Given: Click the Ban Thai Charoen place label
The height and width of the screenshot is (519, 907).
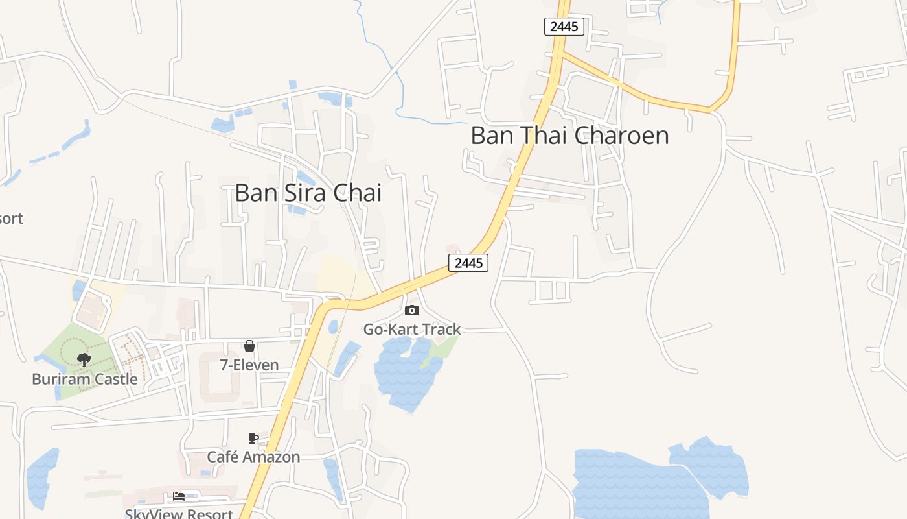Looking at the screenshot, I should (x=569, y=136).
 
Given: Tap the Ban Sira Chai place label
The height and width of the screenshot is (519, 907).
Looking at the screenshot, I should (x=308, y=193).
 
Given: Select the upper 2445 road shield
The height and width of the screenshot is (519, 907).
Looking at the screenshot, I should (x=564, y=27).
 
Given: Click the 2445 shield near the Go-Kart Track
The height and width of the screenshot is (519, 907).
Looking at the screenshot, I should (x=468, y=263).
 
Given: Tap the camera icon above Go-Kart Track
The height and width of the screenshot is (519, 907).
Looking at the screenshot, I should (x=411, y=311).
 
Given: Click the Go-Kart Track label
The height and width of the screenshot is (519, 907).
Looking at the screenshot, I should (x=411, y=329).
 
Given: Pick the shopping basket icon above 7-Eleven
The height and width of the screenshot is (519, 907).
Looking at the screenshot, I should (x=249, y=346).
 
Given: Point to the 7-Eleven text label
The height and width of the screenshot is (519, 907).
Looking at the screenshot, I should (x=249, y=365).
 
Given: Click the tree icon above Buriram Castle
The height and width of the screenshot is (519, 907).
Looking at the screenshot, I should (x=84, y=360).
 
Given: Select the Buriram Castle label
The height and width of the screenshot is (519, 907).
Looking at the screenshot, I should (x=85, y=379).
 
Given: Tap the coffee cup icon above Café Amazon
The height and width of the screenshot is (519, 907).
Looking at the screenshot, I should (x=253, y=439).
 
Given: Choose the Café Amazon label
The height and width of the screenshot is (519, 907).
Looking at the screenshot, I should (x=253, y=457).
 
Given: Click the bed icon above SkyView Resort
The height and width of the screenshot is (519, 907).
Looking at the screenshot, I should (x=179, y=496).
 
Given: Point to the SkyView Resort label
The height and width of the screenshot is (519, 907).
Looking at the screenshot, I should (x=179, y=513).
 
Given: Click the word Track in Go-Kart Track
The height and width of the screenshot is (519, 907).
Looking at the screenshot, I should (x=442, y=329).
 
